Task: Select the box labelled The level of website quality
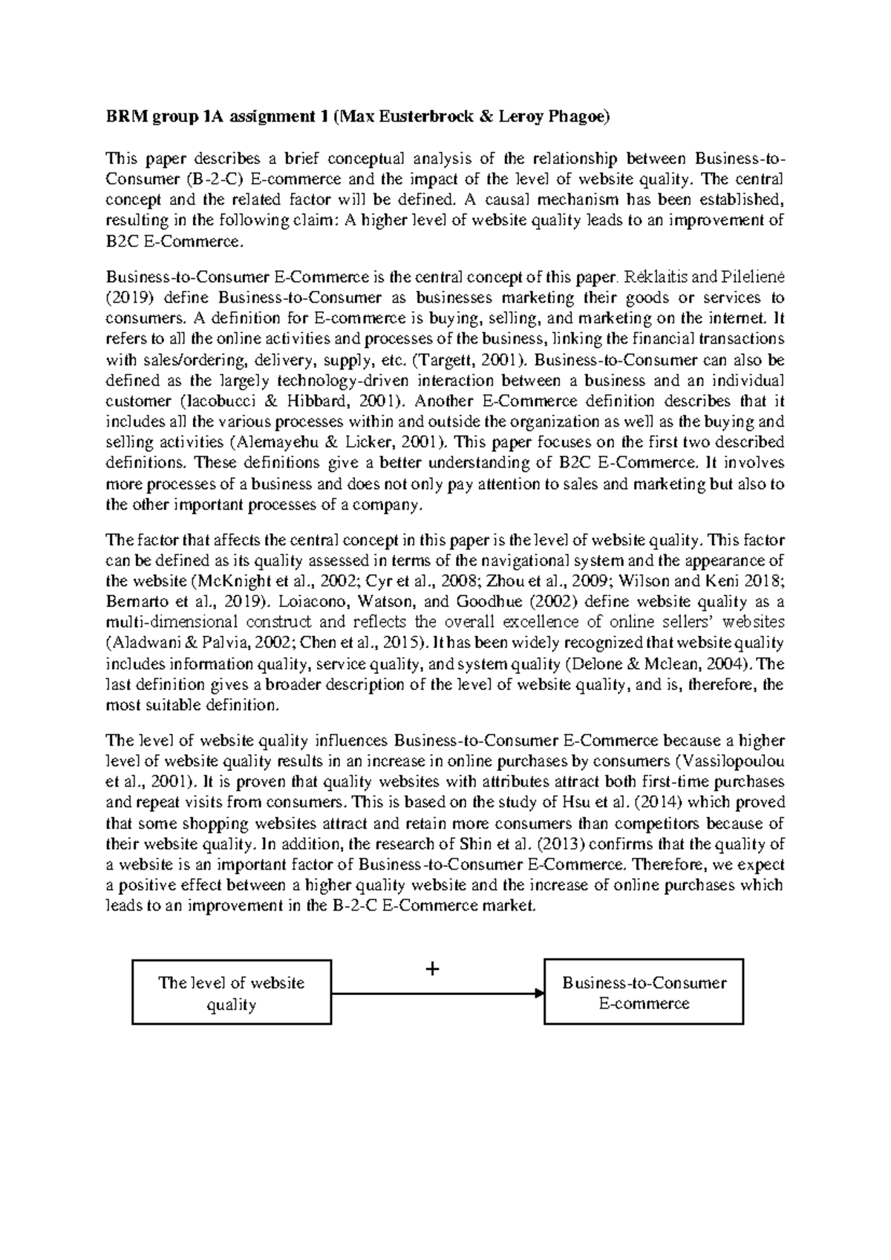click(232, 993)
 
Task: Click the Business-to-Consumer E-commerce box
click(644, 993)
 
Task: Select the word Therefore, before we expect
click(673, 864)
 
